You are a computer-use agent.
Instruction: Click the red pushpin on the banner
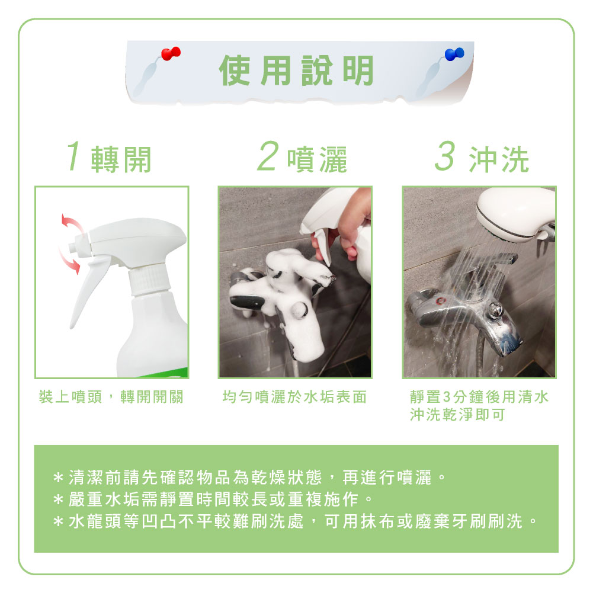click(x=171, y=53)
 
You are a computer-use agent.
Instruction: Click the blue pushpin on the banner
click(x=454, y=54)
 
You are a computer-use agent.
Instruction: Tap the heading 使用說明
click(x=296, y=70)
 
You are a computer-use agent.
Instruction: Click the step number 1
click(x=73, y=156)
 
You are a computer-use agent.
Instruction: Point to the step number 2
click(x=268, y=156)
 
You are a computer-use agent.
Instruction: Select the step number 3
click(x=445, y=156)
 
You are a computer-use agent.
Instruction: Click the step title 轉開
click(x=121, y=159)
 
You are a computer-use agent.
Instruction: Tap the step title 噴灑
click(x=317, y=159)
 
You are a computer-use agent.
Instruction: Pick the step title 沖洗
click(x=499, y=159)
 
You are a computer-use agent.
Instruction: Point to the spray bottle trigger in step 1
click(x=87, y=291)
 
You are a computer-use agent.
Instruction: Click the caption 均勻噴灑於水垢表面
click(x=294, y=397)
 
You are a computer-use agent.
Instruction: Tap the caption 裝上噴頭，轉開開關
click(x=111, y=397)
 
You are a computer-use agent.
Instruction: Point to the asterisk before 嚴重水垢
click(x=58, y=500)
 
